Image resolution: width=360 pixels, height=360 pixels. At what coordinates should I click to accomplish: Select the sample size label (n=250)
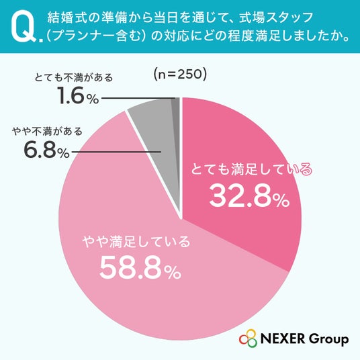click(x=180, y=75)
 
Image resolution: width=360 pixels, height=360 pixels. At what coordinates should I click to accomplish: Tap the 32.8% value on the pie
click(x=249, y=196)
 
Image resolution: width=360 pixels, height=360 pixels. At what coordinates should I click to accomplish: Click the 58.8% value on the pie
click(x=140, y=267)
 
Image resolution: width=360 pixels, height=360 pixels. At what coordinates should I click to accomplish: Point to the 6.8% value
click(x=46, y=150)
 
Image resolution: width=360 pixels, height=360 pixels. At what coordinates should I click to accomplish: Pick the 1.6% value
click(x=78, y=95)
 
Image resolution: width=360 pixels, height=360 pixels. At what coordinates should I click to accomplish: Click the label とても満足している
click(x=252, y=169)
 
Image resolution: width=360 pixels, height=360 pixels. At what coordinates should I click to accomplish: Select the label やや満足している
click(x=137, y=242)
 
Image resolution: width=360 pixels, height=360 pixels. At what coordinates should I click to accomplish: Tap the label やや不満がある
click(x=47, y=132)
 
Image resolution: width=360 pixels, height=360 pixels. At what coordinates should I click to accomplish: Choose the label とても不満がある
click(x=74, y=77)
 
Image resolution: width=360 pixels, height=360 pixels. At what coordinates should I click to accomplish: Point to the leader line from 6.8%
click(x=116, y=152)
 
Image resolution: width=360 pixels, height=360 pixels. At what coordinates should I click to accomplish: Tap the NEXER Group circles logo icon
click(x=249, y=339)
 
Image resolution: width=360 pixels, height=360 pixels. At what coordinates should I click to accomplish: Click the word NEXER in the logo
click(x=283, y=339)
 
